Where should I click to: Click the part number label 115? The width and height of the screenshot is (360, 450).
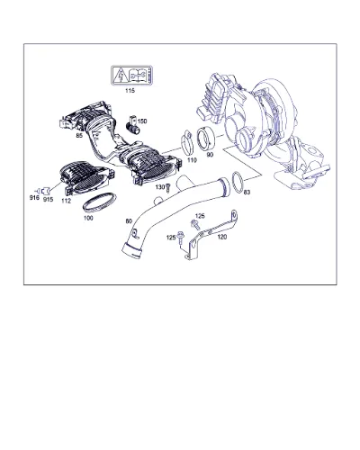click(x=130, y=90)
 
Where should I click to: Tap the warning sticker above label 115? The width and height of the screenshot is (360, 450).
click(x=131, y=75)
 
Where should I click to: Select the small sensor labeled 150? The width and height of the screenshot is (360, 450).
click(x=133, y=124)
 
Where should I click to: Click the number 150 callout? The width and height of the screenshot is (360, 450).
click(x=142, y=121)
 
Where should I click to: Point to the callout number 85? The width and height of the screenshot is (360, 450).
click(x=79, y=136)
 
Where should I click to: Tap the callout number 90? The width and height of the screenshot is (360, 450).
click(x=210, y=155)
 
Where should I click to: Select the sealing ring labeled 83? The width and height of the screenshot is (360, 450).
click(x=238, y=182)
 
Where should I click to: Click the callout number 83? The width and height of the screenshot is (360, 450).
click(x=247, y=192)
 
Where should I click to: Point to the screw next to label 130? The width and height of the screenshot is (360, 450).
click(x=168, y=188)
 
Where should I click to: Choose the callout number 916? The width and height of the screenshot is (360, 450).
click(x=34, y=197)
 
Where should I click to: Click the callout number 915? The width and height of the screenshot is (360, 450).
click(x=48, y=199)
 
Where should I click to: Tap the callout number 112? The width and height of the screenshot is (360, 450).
click(x=66, y=201)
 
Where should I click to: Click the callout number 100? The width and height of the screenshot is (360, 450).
click(x=88, y=218)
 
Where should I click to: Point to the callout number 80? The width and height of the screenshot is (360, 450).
click(x=129, y=221)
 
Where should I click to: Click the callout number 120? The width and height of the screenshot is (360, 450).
click(x=222, y=237)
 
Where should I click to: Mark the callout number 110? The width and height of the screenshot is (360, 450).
click(x=192, y=160)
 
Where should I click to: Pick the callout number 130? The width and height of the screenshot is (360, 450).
click(x=160, y=187)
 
